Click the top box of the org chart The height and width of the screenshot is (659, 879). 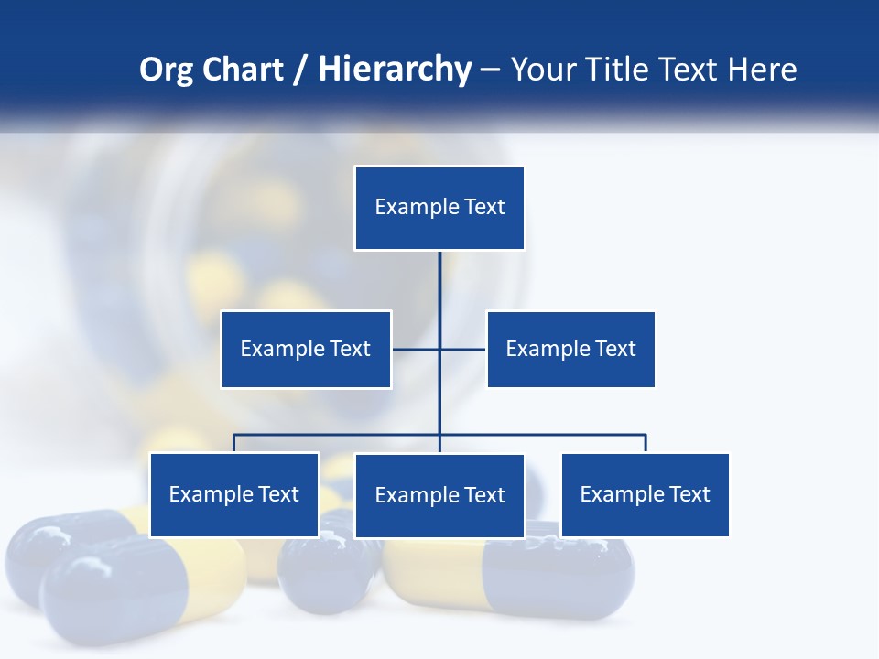coord(439,208)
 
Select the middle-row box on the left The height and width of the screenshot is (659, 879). coord(306,349)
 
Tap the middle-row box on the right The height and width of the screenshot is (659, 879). coord(570,349)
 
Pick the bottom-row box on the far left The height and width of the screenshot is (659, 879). coord(234,495)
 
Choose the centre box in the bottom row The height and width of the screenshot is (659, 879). coord(439,496)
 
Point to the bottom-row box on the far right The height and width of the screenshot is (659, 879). coord(645,495)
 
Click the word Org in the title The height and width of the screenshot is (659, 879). coord(166,70)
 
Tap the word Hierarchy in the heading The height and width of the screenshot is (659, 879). coord(395,70)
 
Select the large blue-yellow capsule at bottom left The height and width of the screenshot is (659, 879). coord(137,586)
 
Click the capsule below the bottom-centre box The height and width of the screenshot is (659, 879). coord(513,572)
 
